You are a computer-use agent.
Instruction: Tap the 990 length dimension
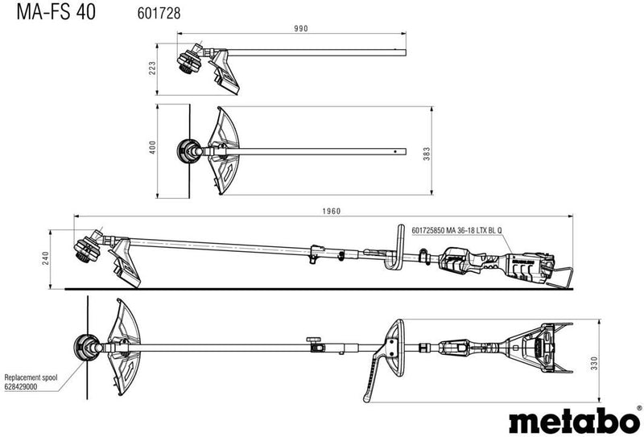[301, 28]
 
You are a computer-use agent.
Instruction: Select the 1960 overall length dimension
[332, 211]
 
